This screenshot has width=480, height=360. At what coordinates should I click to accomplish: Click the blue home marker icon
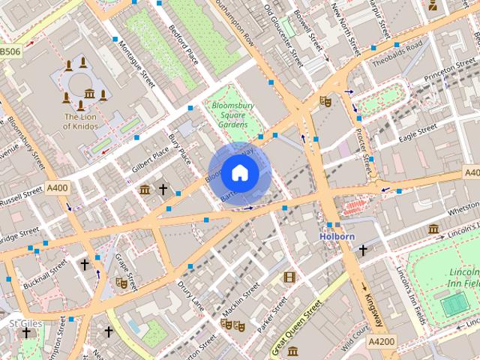[x=238, y=173]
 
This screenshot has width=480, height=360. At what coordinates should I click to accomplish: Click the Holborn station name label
[x=337, y=237]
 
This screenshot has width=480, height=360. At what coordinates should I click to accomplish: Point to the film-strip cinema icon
[x=289, y=277]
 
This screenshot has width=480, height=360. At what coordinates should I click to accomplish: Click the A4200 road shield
[x=381, y=341]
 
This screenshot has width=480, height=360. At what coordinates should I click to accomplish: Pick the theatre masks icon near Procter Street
[x=325, y=100]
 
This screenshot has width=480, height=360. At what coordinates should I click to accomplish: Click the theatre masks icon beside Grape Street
[x=119, y=283]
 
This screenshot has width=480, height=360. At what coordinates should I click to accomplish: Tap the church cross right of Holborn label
[x=363, y=250]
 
